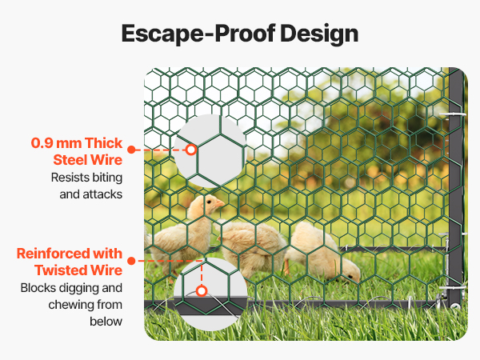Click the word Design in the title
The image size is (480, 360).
point(319,34)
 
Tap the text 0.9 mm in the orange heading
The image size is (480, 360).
point(56,143)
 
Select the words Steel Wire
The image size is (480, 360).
point(88,160)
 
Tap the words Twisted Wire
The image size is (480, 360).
point(78,270)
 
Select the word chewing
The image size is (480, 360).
point(70,306)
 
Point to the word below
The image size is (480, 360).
point(106,322)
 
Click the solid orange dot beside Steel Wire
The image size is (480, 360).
point(131,150)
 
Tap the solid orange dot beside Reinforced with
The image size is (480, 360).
point(131,261)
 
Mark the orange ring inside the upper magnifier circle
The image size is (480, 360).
point(191,150)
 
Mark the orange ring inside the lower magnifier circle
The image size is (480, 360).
point(202,291)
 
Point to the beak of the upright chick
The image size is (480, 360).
point(220,203)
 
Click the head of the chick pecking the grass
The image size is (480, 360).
point(350,273)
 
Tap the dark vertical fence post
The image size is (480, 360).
point(456,186)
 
